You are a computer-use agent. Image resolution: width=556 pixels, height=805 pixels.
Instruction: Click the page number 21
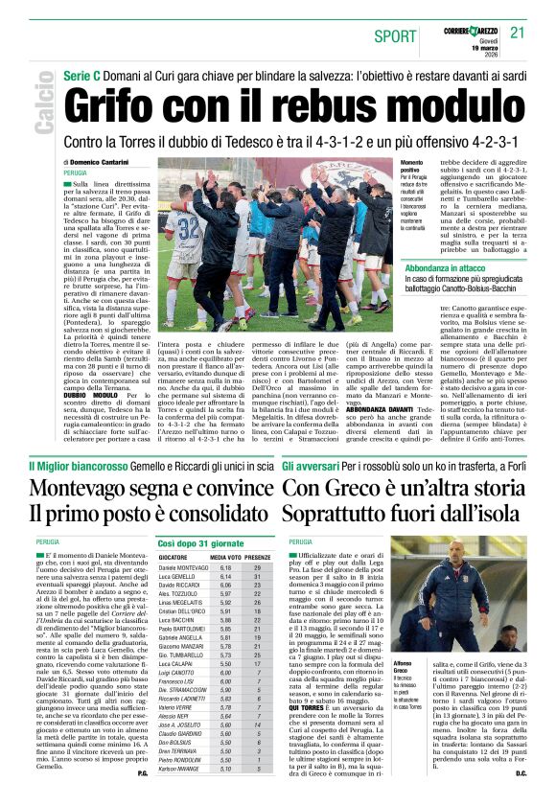pyautogui.click(x=519, y=33)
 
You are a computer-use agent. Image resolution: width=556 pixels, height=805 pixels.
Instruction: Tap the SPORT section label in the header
pyautogui.click(x=396, y=36)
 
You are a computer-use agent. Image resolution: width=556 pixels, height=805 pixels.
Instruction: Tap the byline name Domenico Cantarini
pyautogui.click(x=94, y=163)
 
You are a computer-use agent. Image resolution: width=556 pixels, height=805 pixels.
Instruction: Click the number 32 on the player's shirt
pyautogui.click(x=188, y=227)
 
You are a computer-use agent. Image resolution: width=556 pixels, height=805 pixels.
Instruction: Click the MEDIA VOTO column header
pyautogui.click(x=225, y=557)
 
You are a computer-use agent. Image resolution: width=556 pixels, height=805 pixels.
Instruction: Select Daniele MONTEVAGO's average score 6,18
pyautogui.click(x=225, y=567)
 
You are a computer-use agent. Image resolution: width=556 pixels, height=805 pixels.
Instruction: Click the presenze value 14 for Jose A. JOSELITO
pyautogui.click(x=257, y=724)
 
